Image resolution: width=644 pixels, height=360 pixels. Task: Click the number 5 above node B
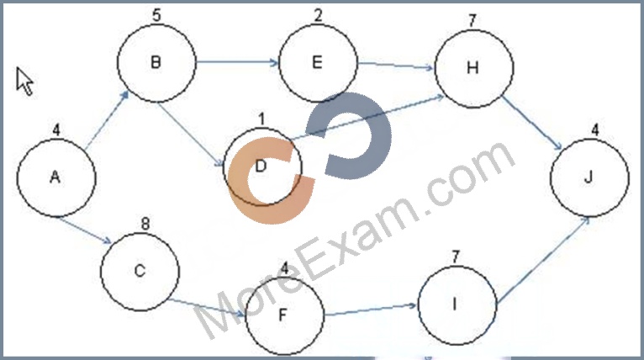tap(156, 15)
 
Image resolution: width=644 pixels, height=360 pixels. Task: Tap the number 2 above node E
tap(318, 15)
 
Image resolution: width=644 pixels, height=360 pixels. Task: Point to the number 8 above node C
tap(145, 224)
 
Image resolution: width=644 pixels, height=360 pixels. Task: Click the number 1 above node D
tap(261, 119)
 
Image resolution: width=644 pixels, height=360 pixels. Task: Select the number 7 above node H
tap(472, 20)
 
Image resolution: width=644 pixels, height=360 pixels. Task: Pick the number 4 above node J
tap(595, 130)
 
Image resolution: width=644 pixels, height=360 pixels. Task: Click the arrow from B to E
tap(238, 62)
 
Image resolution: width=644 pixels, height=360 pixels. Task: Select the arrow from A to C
tap(84, 230)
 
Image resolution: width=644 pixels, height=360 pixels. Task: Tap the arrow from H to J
tap(532, 124)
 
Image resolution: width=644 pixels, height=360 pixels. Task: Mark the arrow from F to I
tap(371, 310)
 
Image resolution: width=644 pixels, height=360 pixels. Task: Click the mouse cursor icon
tap(24, 82)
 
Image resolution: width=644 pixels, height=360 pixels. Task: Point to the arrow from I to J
tap(543, 261)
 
